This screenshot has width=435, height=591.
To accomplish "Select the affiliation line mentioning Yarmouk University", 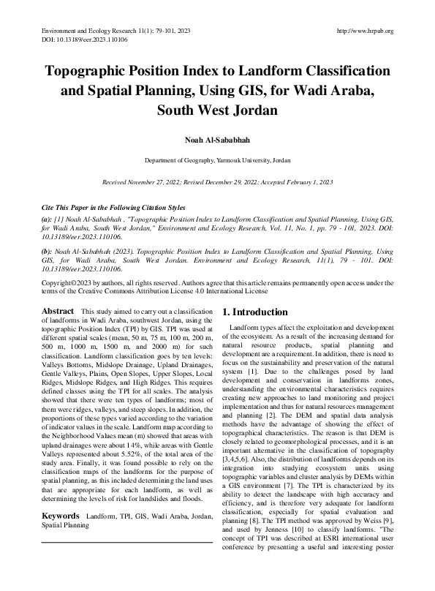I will pyautogui.click(x=217, y=159).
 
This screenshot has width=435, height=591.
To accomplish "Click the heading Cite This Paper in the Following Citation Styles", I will pyautogui.click(x=113, y=208).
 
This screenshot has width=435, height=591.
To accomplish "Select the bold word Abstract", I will pyautogui.click(x=58, y=312).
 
